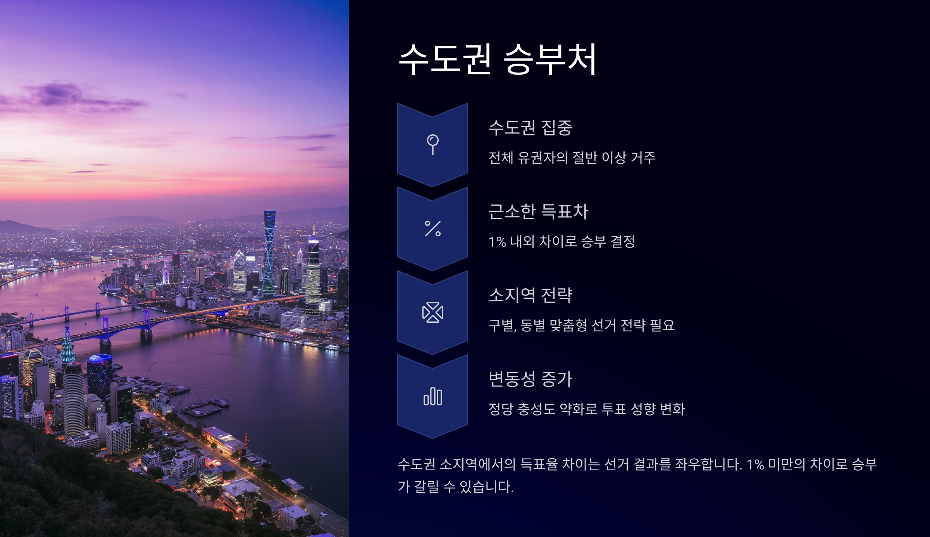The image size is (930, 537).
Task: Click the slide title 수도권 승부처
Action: click(x=498, y=59)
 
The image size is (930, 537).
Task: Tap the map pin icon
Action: click(x=432, y=144)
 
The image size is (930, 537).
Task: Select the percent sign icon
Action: click(x=432, y=229)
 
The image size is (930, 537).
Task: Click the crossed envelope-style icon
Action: click(x=432, y=312)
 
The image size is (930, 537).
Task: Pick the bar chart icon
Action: click(x=432, y=396)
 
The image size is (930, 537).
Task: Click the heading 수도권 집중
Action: click(x=530, y=128)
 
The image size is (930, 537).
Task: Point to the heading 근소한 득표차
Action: click(x=538, y=211)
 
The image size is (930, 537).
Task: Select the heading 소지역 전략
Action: click(x=530, y=295)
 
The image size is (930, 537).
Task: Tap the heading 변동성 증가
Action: click(x=530, y=379)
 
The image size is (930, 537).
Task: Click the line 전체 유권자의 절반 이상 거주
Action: click(x=572, y=158)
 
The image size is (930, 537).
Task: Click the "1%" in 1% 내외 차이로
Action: click(x=497, y=242)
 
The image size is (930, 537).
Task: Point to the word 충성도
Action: click(x=536, y=409)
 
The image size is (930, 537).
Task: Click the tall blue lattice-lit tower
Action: click(x=269, y=252)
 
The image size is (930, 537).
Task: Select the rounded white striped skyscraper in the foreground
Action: click(x=74, y=400)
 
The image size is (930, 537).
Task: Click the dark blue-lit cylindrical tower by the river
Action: click(x=100, y=374)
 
